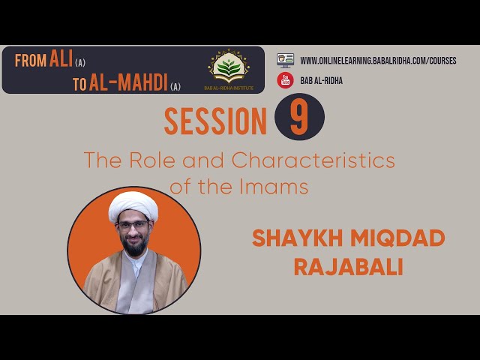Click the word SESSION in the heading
point(215,121)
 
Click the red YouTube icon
point(285,80)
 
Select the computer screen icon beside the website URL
point(285,60)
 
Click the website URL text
point(378,61)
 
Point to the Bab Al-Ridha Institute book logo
point(229,67)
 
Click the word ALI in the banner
point(61,58)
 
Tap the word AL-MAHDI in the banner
point(128,82)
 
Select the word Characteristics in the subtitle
point(313,160)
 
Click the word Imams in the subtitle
point(274,187)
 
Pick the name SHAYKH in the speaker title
point(297,238)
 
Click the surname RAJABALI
point(348,267)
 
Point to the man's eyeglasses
point(133,226)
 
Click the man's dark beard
point(134,247)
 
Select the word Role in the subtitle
point(152,160)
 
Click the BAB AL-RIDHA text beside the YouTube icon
point(321,80)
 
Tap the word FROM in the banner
point(31,60)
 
